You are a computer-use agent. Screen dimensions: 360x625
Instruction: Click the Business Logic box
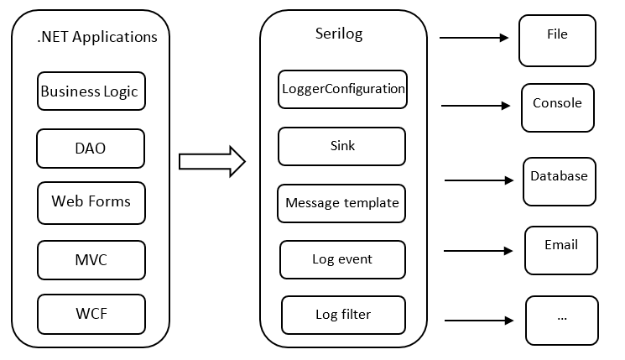click(x=91, y=91)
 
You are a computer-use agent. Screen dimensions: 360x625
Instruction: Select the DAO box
click(x=91, y=149)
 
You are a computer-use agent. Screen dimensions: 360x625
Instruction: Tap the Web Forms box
click(x=91, y=201)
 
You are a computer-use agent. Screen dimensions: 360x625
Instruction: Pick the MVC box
click(x=91, y=261)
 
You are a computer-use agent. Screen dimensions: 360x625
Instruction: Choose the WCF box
click(x=91, y=315)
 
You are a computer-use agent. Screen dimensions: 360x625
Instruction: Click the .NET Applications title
click(x=97, y=37)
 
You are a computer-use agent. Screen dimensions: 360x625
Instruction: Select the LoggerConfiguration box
click(x=342, y=89)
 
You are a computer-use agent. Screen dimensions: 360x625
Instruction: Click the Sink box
click(x=342, y=146)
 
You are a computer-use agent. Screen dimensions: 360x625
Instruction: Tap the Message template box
click(x=342, y=203)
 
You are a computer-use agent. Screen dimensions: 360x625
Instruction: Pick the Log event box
click(x=342, y=259)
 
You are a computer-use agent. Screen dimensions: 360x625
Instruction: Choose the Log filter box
click(x=343, y=315)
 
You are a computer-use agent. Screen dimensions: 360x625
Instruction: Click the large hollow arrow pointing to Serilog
click(x=211, y=160)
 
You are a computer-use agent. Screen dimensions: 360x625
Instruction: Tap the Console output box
click(x=557, y=107)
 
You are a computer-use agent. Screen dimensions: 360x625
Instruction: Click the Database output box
click(x=559, y=181)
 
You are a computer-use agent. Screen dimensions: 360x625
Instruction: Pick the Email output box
click(x=561, y=250)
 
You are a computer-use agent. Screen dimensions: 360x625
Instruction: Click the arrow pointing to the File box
click(x=474, y=38)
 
